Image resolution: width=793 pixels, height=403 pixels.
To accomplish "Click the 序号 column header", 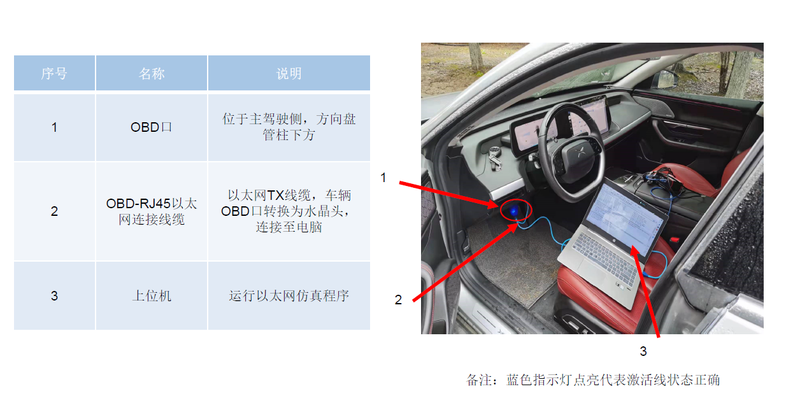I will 54,73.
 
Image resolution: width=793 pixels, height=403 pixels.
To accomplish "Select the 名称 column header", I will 152,73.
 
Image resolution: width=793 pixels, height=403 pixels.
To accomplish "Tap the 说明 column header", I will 289,73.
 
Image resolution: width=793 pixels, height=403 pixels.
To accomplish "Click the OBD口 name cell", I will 152,127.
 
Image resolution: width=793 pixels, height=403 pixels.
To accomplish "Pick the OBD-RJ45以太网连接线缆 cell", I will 152,211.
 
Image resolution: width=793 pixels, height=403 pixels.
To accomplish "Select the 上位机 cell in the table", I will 152,295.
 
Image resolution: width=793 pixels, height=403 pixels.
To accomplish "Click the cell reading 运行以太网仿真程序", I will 289,295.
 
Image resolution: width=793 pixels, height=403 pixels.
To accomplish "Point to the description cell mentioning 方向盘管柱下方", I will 289,127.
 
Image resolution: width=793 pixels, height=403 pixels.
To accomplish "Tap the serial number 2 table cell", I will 54,211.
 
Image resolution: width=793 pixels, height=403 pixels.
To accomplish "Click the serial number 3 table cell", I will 54,295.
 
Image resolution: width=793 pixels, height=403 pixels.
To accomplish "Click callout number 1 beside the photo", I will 383,178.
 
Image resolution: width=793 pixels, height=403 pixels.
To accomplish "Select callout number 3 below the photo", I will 643,351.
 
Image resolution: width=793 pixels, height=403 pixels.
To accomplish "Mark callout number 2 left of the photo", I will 399,300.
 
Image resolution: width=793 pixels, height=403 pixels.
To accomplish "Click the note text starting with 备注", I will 593,380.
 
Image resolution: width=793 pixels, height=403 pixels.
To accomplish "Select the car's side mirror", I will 664,79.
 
